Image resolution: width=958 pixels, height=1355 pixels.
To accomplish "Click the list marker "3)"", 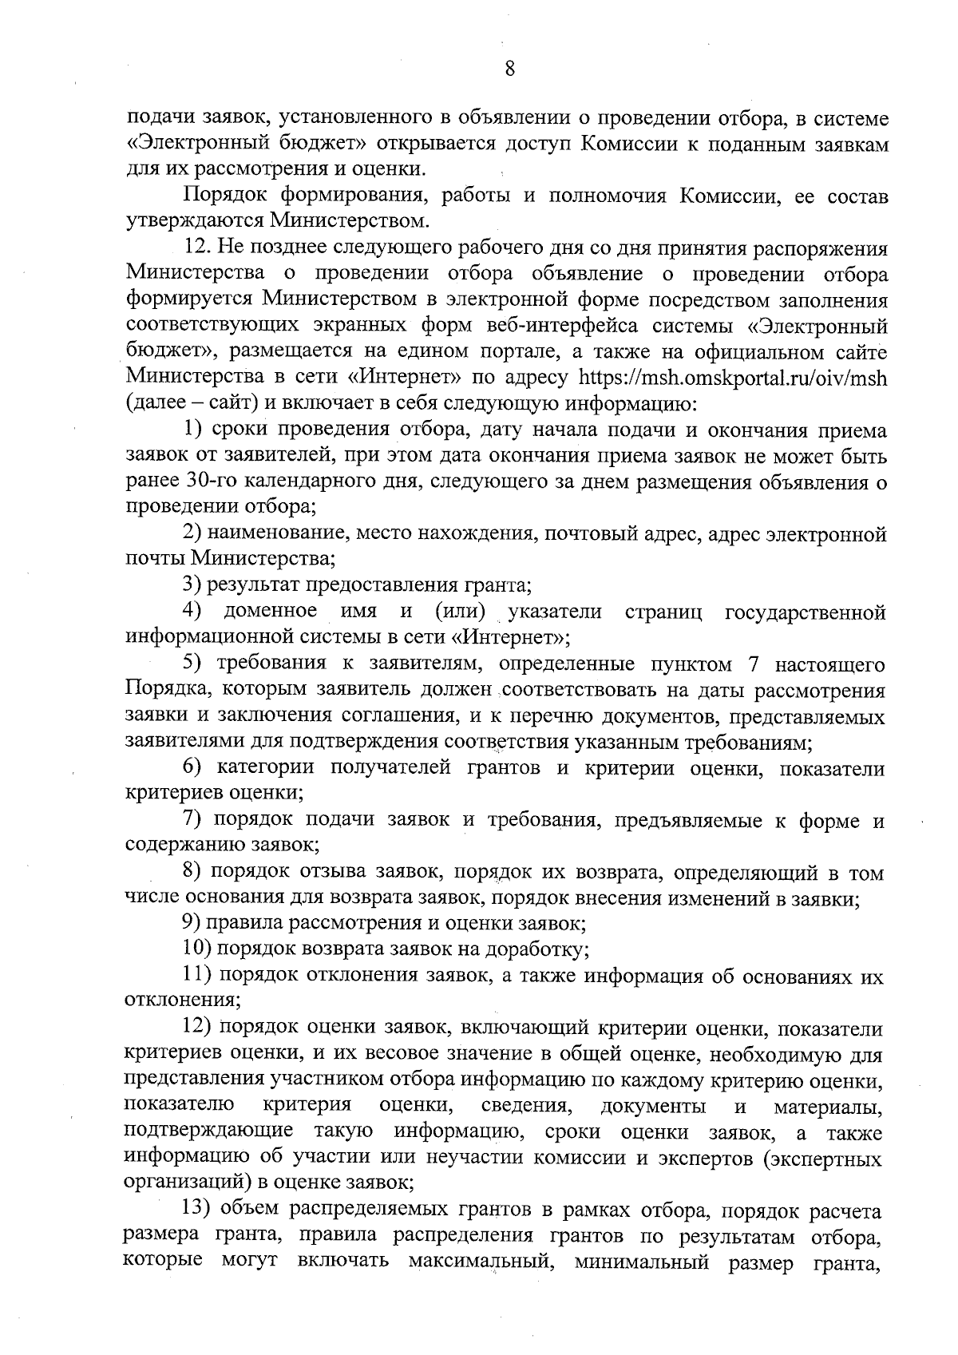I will click(191, 584).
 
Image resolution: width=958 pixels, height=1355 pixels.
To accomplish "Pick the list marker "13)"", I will click(196, 1210).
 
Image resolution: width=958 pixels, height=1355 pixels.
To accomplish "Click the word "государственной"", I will click(805, 612).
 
